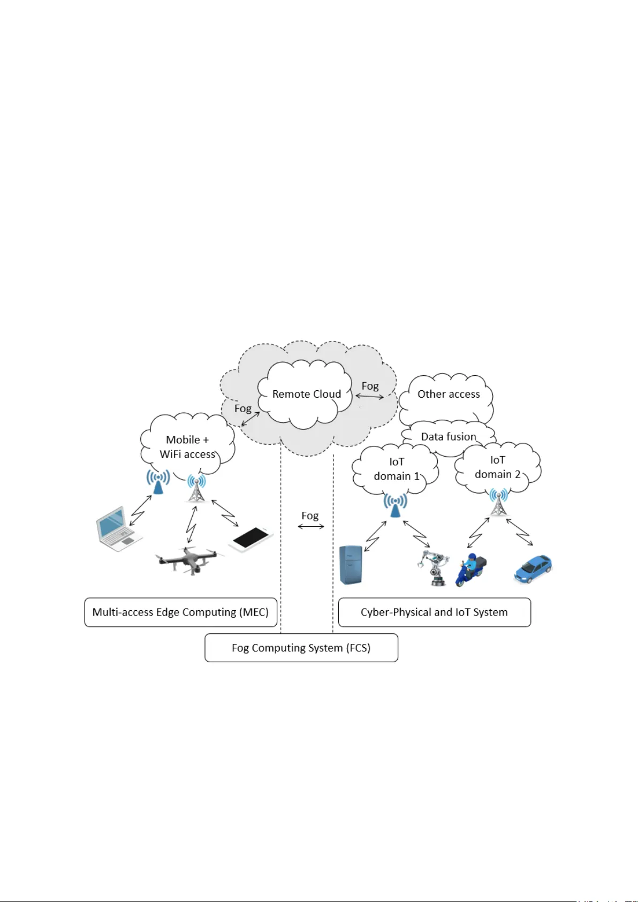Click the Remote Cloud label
[x=306, y=394]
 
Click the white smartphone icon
[x=250, y=539]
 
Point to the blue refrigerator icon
[x=351, y=565]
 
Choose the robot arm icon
[x=433, y=568]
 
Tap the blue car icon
[x=533, y=569]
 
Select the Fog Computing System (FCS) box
[x=301, y=648]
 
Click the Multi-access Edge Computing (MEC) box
[x=180, y=612]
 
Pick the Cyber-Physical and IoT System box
[x=434, y=612]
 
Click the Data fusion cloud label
[x=449, y=437]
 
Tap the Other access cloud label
[x=449, y=394]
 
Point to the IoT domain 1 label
[x=397, y=469]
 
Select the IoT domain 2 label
[x=497, y=467]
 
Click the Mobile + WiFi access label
[x=187, y=447]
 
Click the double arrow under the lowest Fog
[x=311, y=527]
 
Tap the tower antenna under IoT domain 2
[x=498, y=503]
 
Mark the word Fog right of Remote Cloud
[x=370, y=386]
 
